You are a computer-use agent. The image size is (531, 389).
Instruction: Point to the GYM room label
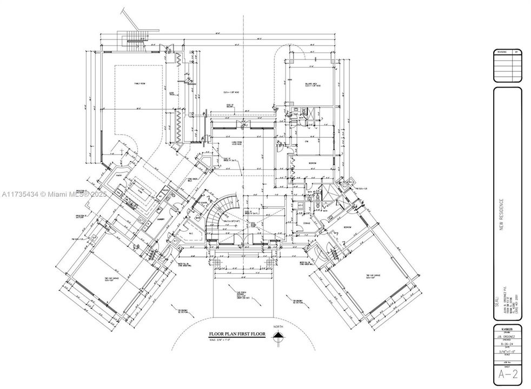[306, 142]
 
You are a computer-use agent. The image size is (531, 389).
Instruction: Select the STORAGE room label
[307, 222]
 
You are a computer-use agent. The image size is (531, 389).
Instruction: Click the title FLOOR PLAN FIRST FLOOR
[237, 334]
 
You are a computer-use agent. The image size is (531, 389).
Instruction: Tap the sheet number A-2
[507, 373]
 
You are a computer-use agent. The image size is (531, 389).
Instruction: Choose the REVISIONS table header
[502, 52]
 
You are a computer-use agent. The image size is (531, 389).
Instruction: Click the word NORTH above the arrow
[278, 327]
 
